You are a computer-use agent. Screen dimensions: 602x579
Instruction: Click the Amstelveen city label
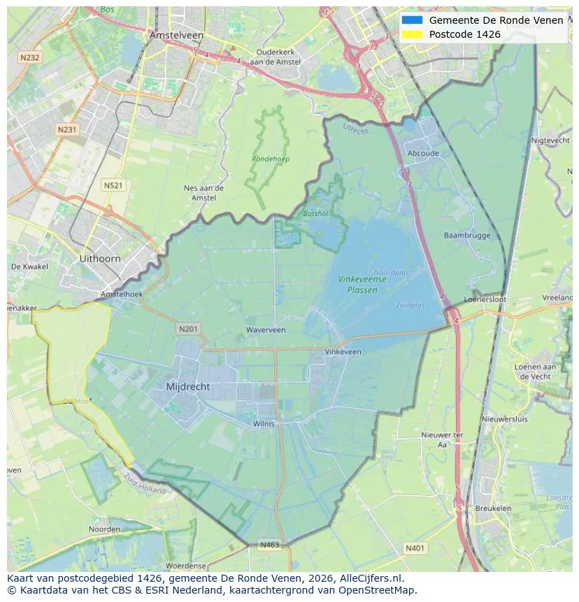[x=176, y=35]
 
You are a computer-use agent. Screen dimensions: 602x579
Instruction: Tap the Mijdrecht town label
[x=188, y=386]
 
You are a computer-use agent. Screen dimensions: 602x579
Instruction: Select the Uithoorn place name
[x=100, y=258]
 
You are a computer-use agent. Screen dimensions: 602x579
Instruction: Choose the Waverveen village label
[x=266, y=329]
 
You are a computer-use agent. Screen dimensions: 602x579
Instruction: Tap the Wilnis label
[x=264, y=423]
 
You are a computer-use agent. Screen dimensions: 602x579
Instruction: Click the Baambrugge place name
[x=467, y=235]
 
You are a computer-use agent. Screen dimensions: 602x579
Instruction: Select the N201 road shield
[x=188, y=329]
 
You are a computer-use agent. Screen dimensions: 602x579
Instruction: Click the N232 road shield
[x=30, y=58]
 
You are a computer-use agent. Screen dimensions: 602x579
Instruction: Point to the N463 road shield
[x=270, y=544]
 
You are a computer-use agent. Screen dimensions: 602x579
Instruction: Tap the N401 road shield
[x=415, y=548]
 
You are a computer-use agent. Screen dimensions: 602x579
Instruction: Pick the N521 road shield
[x=113, y=185]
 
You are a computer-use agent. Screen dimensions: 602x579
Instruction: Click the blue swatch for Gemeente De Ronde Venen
[x=412, y=20]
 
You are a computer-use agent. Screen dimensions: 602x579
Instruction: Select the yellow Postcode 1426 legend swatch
[x=412, y=34]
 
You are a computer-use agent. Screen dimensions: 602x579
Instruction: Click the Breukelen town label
[x=493, y=508]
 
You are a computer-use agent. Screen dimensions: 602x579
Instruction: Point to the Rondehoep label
[x=271, y=159]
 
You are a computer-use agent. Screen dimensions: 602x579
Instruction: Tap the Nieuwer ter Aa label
[x=442, y=439]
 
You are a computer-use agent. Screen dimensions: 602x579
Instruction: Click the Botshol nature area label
[x=315, y=213]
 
